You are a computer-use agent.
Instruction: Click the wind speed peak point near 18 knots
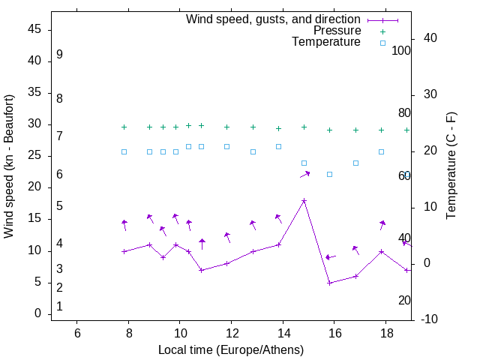pos(304,201)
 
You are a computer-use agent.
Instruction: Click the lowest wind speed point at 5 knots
pos(329,283)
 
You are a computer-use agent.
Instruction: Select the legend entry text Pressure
pos(337,31)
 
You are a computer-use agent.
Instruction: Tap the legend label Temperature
pos(326,42)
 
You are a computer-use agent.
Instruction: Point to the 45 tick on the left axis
pos(34,29)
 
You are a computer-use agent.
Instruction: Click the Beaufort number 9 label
pos(59,55)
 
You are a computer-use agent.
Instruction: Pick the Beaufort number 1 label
pos(59,307)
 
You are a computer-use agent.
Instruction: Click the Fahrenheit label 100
pos(401,51)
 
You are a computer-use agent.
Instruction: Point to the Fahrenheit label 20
pos(404,301)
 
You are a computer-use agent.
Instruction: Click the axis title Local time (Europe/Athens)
pos(231,349)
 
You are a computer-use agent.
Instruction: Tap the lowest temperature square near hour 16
pos(329,174)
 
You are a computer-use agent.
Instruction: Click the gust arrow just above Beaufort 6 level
pos(304,174)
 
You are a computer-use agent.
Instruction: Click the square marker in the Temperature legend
pos(382,43)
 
